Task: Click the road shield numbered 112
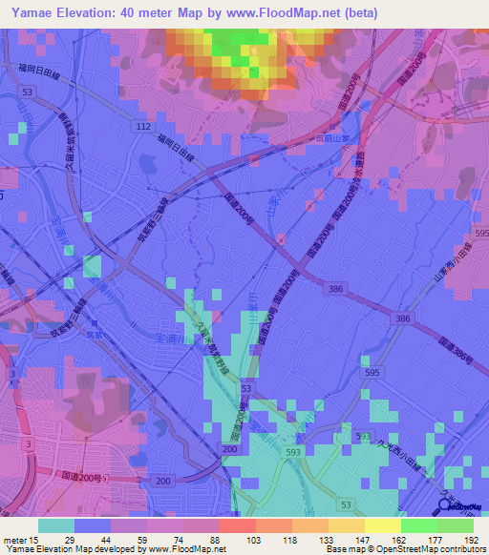coord(143,126)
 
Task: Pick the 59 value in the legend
coord(126,539)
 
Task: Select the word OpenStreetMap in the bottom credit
coord(402,550)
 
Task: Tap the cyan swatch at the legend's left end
coord(55,525)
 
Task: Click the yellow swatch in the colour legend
coord(382,525)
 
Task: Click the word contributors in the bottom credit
coord(459,550)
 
